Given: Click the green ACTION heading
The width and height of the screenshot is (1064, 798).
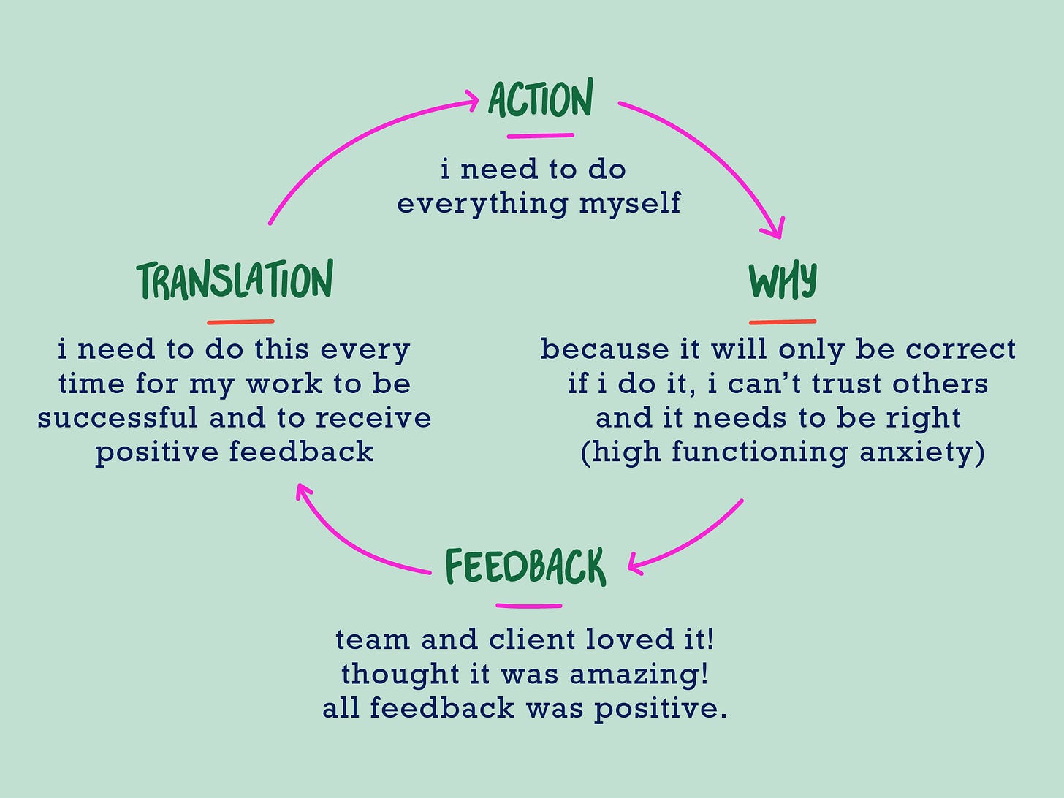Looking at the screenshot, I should pos(540,100).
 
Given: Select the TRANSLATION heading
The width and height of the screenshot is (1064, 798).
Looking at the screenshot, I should pos(235,280).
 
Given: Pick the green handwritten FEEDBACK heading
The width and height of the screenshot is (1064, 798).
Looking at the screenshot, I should pos(525,567).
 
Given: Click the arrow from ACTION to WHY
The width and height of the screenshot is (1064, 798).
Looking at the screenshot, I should pos(716,153).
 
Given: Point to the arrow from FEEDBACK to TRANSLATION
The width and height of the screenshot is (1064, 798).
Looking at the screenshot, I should pos(351,544).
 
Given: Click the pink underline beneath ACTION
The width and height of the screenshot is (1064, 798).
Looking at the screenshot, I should pos(540,135).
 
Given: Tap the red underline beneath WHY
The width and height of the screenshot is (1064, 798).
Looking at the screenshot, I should pos(782,322).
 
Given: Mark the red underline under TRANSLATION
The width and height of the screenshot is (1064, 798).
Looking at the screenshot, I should pos(240,322).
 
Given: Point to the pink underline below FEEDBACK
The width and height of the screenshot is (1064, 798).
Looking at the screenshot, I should pos(528,606).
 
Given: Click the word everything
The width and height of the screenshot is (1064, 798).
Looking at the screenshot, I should pos(482,204).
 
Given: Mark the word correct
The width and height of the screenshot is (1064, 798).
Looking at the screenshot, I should pos(960,349).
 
